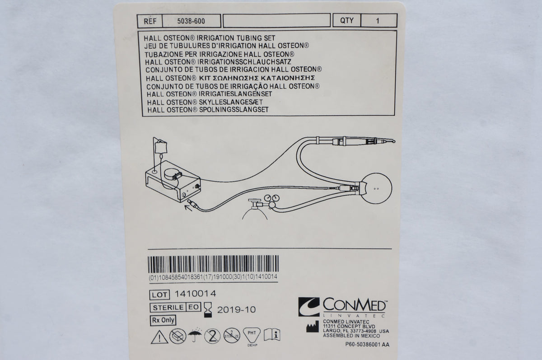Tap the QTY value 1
pyautogui.click(x=378, y=20)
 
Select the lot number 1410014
pyautogui.click(x=197, y=294)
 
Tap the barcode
pyautogui.click(x=213, y=265)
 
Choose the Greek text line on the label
pyautogui.click(x=233, y=78)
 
